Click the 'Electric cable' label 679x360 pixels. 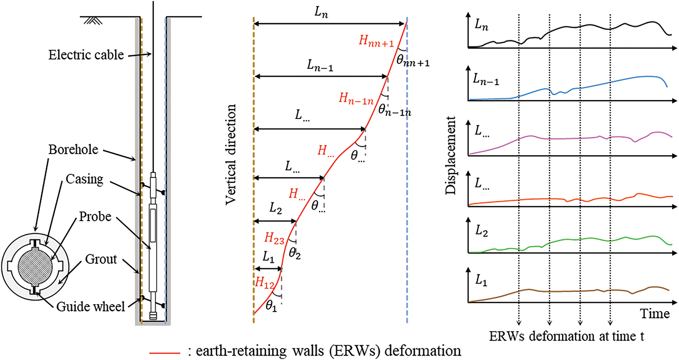pyautogui.click(x=86, y=55)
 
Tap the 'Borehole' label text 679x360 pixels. pyautogui.click(x=73, y=149)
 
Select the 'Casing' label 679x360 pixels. pyautogui.click(x=85, y=179)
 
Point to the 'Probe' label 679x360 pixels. pyautogui.click(x=95, y=216)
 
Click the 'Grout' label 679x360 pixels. pyautogui.click(x=101, y=259)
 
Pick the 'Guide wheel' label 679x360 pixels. pyautogui.click(x=91, y=306)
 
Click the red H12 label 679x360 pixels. pyautogui.click(x=265, y=282)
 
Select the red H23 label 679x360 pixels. pyautogui.click(x=274, y=238)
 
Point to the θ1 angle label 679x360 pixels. pyautogui.click(x=271, y=306)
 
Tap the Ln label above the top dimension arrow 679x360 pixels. pyautogui.click(x=321, y=12)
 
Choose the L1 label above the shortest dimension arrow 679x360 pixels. pyautogui.click(x=268, y=257)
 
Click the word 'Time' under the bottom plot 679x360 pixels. pyautogui.click(x=654, y=314)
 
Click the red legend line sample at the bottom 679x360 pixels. pyautogui.click(x=165, y=352)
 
